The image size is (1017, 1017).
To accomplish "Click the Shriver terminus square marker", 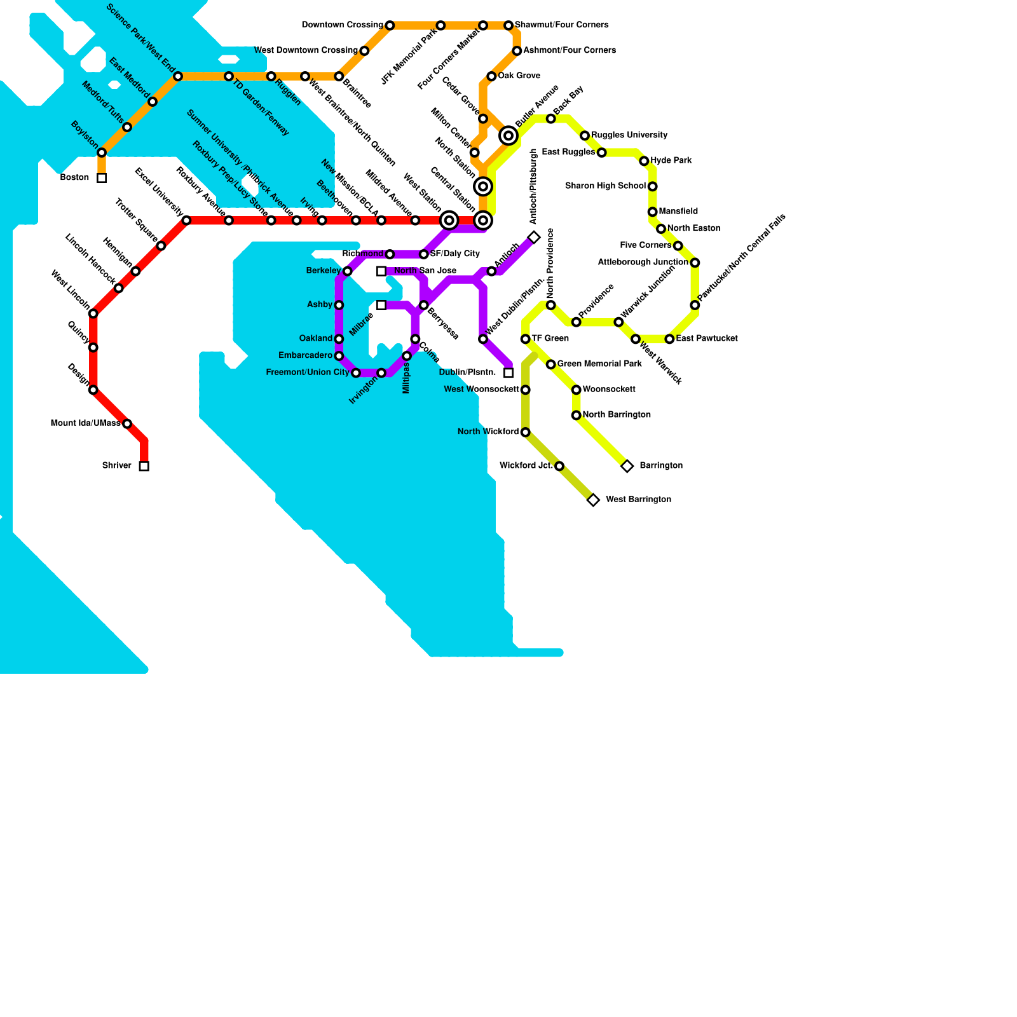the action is pyautogui.click(x=144, y=467).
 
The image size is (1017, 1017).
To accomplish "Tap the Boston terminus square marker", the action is pyautogui.click(x=102, y=178).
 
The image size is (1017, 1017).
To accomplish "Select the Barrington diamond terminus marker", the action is pyautogui.click(x=627, y=467).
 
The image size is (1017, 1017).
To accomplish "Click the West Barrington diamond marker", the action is pyautogui.click(x=593, y=500).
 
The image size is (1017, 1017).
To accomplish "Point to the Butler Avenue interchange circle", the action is pyautogui.click(x=508, y=136).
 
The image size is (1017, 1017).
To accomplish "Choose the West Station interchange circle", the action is pyautogui.click(x=449, y=221).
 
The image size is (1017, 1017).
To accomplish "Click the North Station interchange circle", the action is pyautogui.click(x=483, y=187).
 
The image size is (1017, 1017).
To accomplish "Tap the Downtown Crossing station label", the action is pyautogui.click(x=342, y=25).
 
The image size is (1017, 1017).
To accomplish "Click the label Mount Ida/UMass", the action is pyautogui.click(x=85, y=423).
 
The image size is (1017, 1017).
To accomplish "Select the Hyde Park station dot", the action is pyautogui.click(x=644, y=161).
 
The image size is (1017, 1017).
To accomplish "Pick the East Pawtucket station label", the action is pyautogui.click(x=707, y=339).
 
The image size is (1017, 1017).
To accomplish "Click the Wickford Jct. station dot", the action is pyautogui.click(x=559, y=467).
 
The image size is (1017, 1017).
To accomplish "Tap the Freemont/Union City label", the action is pyautogui.click(x=307, y=372).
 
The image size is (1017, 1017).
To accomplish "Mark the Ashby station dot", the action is pyautogui.click(x=339, y=305).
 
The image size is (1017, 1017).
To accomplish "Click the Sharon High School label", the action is pyautogui.click(x=605, y=186).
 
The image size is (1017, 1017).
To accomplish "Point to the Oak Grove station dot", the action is pyautogui.click(x=491, y=76).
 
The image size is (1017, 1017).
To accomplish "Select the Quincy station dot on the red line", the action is pyautogui.click(x=93, y=348).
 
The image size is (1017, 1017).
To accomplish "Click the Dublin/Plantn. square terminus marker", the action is pyautogui.click(x=508, y=373).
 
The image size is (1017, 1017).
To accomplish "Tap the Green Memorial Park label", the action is pyautogui.click(x=599, y=364).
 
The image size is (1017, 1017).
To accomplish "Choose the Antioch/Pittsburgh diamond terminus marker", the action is pyautogui.click(x=534, y=238).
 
